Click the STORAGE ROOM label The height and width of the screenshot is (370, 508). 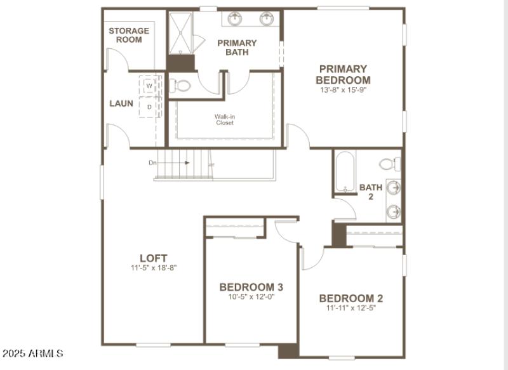point(129,35)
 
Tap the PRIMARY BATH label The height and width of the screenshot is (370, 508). point(237,48)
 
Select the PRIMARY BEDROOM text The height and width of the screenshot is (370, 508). point(343,74)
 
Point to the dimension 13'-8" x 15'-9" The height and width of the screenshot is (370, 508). point(343,90)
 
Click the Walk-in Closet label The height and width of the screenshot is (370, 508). point(224,119)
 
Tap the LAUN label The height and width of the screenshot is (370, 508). point(121,103)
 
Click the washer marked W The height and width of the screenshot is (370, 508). point(149,85)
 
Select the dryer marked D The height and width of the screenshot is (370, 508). point(149,107)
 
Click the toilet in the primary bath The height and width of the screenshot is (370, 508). point(182,85)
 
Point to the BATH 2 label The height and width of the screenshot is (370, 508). point(371,192)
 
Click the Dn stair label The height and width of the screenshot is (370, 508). point(152,163)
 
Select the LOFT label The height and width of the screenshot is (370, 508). point(154,258)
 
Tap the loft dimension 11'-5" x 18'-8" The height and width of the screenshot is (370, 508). point(154,268)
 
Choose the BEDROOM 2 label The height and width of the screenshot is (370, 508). point(351,298)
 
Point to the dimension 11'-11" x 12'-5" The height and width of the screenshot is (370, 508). point(351,309)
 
